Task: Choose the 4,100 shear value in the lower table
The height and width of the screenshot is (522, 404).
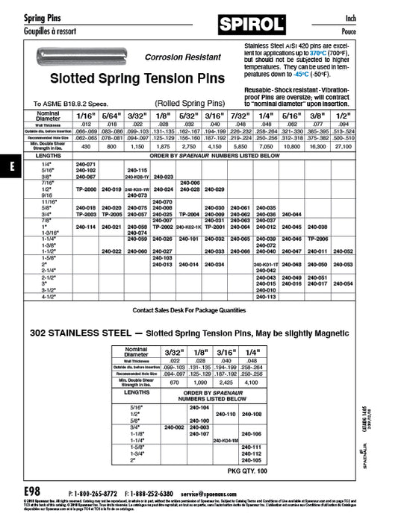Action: click(252, 383)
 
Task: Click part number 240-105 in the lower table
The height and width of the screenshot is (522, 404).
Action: click(252, 461)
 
